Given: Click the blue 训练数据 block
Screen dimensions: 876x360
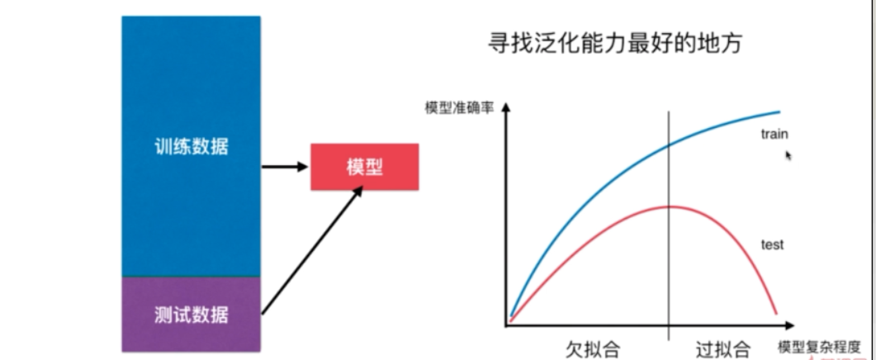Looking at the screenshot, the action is pyautogui.click(x=191, y=147).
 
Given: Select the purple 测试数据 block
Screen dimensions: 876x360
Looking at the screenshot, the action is pyautogui.click(x=191, y=315).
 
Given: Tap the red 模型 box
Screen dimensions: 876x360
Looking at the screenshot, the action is pyautogui.click(x=364, y=167).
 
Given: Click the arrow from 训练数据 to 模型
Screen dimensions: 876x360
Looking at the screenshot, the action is pyautogui.click(x=284, y=167).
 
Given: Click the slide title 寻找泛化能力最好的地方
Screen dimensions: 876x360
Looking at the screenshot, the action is pyautogui.click(x=614, y=43).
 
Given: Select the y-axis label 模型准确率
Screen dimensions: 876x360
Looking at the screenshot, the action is pyautogui.click(x=459, y=108).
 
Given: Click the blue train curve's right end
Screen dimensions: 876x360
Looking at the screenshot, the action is pyautogui.click(x=779, y=111).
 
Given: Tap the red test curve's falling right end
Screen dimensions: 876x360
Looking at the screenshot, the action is pyautogui.click(x=774, y=310).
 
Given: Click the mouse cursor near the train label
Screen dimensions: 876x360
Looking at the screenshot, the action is pyautogui.click(x=788, y=154).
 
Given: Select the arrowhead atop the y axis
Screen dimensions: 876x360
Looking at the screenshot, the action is pyautogui.click(x=504, y=107).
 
